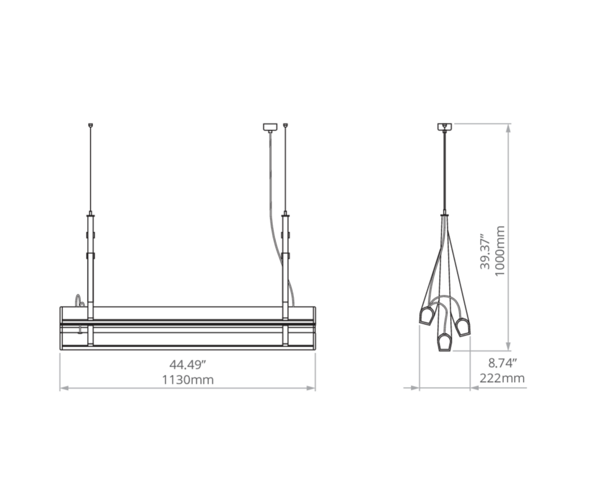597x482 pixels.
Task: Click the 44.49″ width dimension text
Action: pos(188,365)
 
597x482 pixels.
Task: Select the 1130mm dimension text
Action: pos(188,380)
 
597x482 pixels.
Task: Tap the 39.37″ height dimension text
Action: pos(485,251)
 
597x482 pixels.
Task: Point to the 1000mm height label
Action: pos(500,251)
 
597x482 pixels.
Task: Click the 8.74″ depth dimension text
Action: pos(503,363)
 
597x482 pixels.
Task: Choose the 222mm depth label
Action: pos(502,379)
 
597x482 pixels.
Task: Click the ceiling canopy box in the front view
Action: pos(270,127)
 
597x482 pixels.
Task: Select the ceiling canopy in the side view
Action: pos(445,127)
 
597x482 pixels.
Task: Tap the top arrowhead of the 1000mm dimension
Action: pos(508,129)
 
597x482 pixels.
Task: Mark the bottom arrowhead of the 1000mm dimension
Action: pos(508,346)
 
